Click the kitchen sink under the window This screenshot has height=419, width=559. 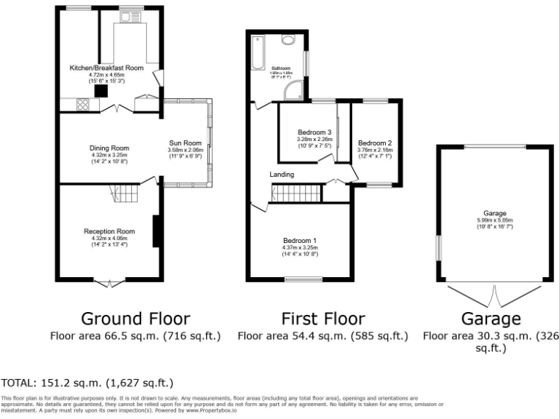coord(132,17)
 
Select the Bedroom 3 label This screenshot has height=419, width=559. coord(314,132)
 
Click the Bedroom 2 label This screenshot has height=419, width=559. coord(375,143)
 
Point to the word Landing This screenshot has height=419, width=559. coord(282,175)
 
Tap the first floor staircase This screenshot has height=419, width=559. coord(296,193)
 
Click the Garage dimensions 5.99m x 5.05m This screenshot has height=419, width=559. coord(494,220)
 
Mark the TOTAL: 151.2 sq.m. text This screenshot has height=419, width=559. coord(88,383)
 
